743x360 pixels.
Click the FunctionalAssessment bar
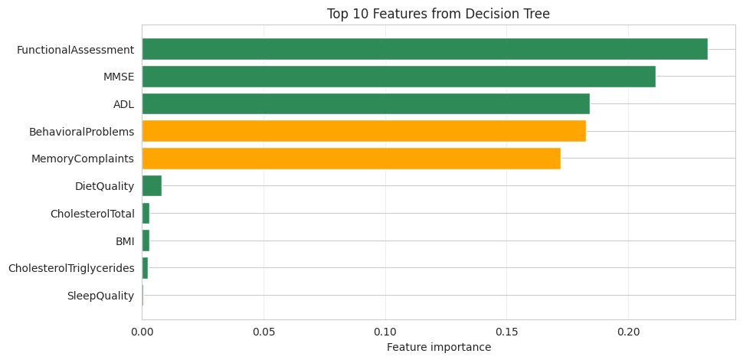pyautogui.click(x=424, y=49)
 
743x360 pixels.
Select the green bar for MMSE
pyautogui.click(x=398, y=77)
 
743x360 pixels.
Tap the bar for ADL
pyautogui.click(x=365, y=104)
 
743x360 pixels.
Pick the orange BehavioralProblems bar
pyautogui.click(x=364, y=131)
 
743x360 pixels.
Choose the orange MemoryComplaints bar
pyautogui.click(x=351, y=159)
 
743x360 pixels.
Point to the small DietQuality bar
pyautogui.click(x=152, y=186)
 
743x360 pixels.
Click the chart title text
pyautogui.click(x=438, y=14)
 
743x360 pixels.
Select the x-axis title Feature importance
pyautogui.click(x=438, y=347)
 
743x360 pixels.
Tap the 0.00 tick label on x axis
pyautogui.click(x=142, y=332)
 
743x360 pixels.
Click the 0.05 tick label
pyautogui.click(x=263, y=332)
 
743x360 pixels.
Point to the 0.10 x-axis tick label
pyautogui.click(x=385, y=332)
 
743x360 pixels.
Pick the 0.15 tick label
pyautogui.click(x=506, y=332)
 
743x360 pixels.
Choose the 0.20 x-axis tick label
pyautogui.click(x=628, y=332)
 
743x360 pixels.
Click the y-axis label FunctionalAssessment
pyautogui.click(x=75, y=50)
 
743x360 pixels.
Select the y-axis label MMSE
pyautogui.click(x=119, y=77)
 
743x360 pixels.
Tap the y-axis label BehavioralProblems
pyautogui.click(x=81, y=132)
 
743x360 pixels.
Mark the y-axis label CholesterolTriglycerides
pyautogui.click(x=71, y=268)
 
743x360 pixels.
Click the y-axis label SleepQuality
pyautogui.click(x=100, y=296)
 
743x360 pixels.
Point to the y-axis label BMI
pyautogui.click(x=125, y=241)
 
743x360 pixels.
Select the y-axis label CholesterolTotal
pyautogui.click(x=92, y=214)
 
